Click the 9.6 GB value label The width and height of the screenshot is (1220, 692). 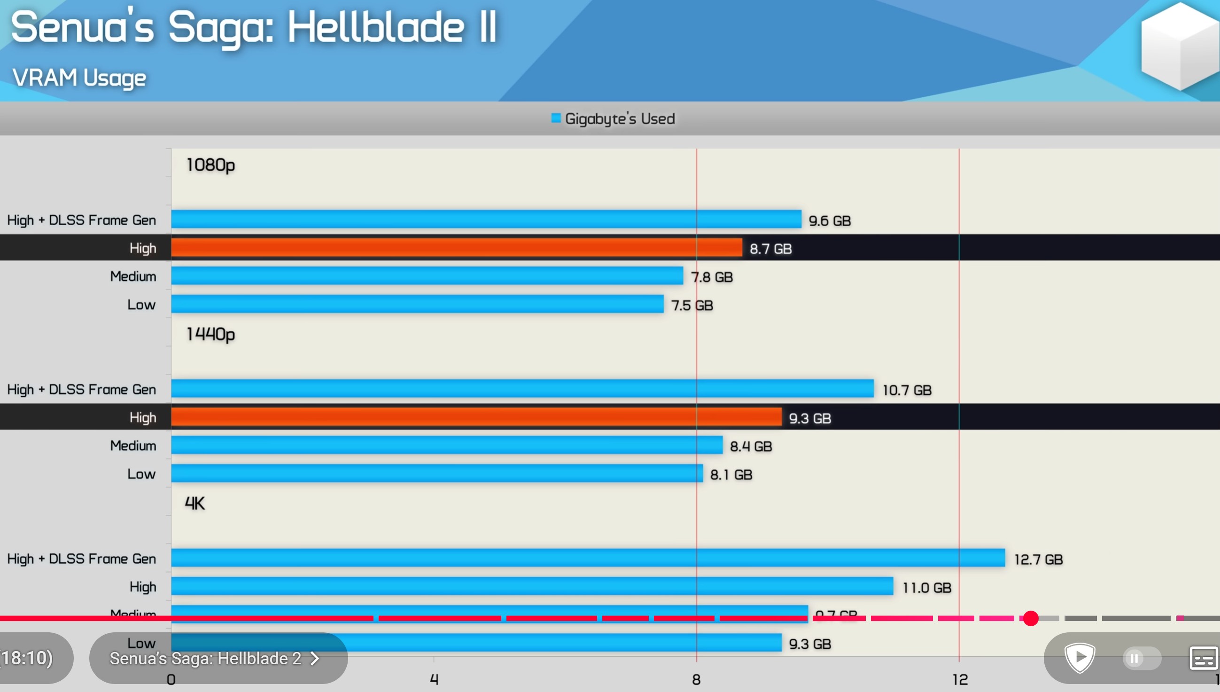point(829,220)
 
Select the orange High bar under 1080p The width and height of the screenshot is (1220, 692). point(456,248)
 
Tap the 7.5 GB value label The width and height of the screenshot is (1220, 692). point(692,305)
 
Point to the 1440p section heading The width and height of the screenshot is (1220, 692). point(210,335)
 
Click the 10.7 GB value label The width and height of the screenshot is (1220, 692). point(907,390)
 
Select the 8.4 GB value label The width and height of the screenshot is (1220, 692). point(750,446)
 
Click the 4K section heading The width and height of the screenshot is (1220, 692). point(194,503)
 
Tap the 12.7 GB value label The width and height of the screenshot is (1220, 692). point(1038,559)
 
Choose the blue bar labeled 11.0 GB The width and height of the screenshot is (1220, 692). point(532,586)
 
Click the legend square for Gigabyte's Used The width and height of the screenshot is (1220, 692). point(556,118)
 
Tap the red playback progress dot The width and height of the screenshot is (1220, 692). point(1030,618)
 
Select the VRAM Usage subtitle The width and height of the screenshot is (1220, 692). point(79,78)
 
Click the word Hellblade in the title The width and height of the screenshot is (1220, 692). point(376,27)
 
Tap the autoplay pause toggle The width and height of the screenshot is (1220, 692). point(1141,658)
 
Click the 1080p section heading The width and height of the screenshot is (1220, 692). point(210,165)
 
